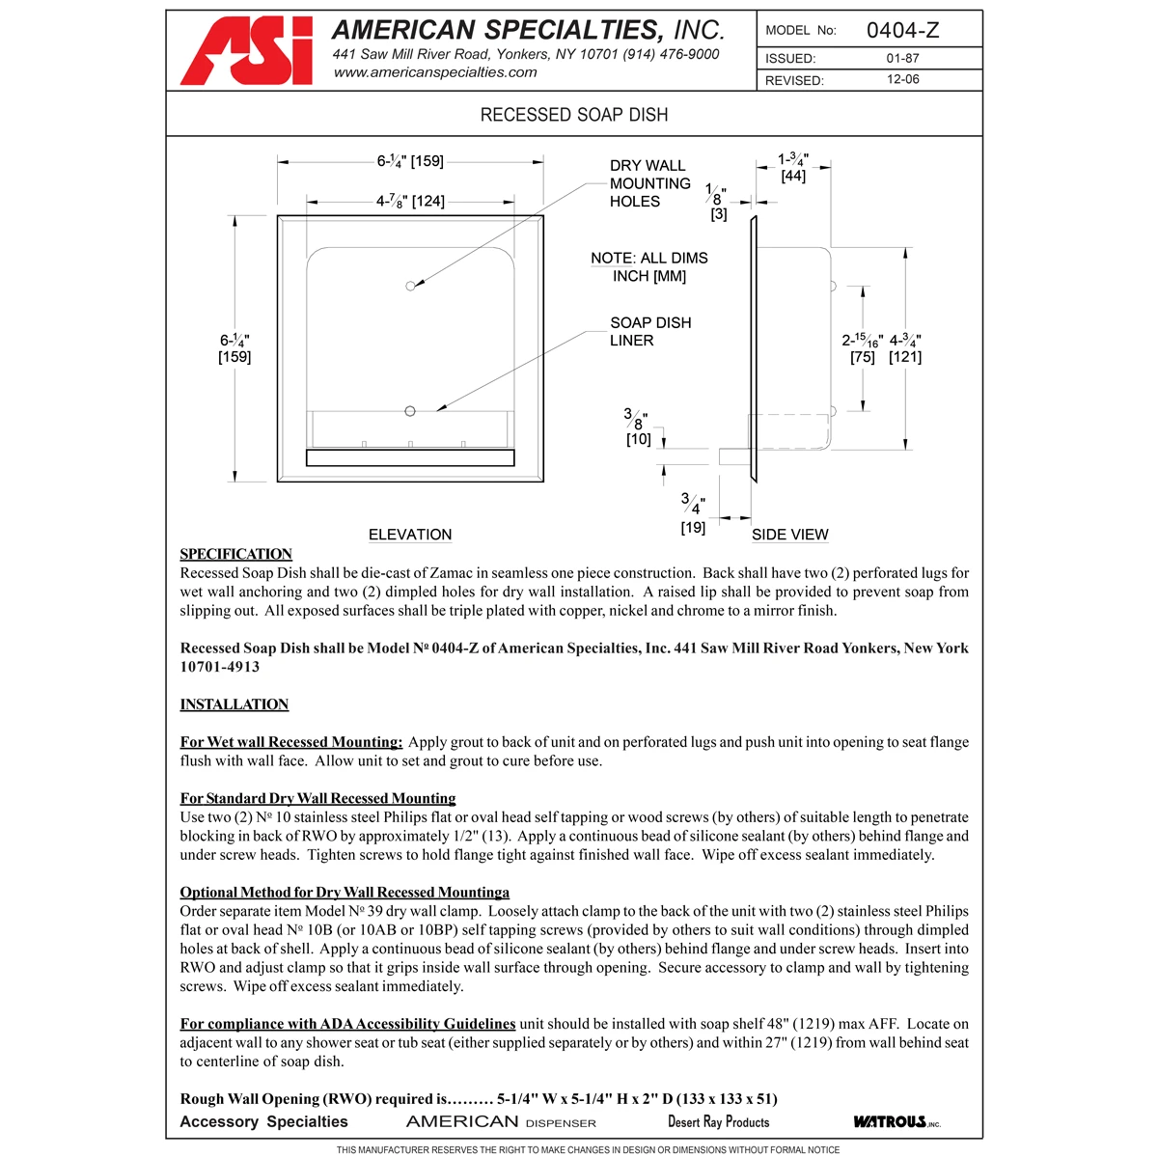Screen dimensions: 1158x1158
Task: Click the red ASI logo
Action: point(247,52)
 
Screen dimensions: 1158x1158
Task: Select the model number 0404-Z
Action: point(901,30)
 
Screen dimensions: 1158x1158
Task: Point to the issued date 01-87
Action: point(902,59)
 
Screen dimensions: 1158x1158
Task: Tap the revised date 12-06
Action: point(902,80)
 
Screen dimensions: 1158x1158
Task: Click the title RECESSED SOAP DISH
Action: point(574,115)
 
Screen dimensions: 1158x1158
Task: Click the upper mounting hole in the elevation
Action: point(410,286)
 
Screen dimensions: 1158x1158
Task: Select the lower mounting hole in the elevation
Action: point(410,411)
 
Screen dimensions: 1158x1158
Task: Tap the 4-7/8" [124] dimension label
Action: point(410,202)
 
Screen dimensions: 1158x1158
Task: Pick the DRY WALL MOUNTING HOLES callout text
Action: point(649,183)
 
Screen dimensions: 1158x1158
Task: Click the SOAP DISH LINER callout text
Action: point(649,331)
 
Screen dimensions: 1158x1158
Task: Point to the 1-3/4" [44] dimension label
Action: point(793,167)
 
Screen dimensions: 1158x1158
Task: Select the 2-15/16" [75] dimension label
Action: point(862,348)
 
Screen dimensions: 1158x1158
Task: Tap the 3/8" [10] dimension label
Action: point(638,427)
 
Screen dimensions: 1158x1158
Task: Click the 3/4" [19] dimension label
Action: point(693,514)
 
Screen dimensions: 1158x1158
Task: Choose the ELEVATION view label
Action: point(410,535)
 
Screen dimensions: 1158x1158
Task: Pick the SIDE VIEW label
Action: point(789,535)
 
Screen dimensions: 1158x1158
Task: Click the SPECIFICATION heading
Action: point(235,554)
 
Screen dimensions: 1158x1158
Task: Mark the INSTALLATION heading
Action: point(234,704)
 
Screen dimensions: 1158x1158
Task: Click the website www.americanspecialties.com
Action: point(435,72)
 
